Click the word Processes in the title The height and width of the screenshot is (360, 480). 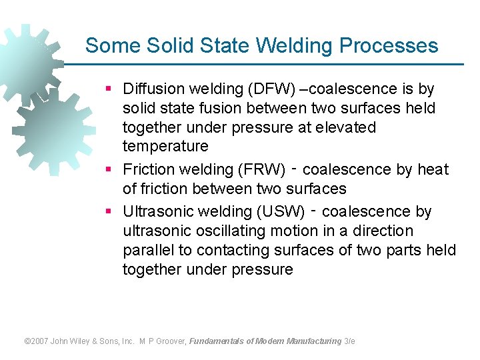point(389,46)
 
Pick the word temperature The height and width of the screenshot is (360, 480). point(165,146)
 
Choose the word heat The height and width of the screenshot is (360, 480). point(433,170)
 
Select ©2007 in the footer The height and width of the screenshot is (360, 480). point(37,341)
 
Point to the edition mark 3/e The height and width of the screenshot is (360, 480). point(349,341)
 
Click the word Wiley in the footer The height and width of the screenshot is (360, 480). point(85,341)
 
